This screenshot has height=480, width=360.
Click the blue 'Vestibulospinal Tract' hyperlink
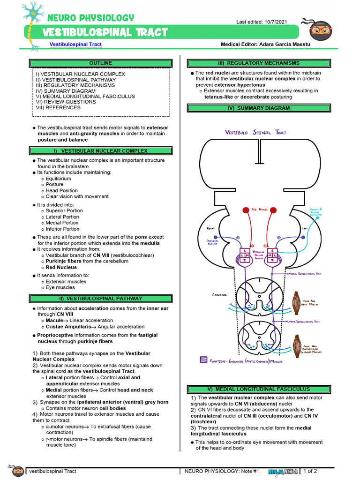pos(75,45)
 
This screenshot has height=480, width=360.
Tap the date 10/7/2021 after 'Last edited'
pos(276,22)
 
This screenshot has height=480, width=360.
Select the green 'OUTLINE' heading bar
pos(100,63)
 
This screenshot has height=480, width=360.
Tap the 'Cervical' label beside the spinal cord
pos(219,295)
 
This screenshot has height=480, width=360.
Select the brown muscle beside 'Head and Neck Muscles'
pos(297,300)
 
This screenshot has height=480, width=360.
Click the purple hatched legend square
pos(203,360)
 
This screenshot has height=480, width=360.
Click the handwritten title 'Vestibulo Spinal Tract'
pos(255,133)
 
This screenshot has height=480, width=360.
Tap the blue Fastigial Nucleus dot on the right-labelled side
pos(215,238)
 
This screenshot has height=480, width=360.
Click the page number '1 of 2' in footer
pos(310,471)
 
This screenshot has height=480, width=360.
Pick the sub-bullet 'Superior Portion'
pos(64,211)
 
